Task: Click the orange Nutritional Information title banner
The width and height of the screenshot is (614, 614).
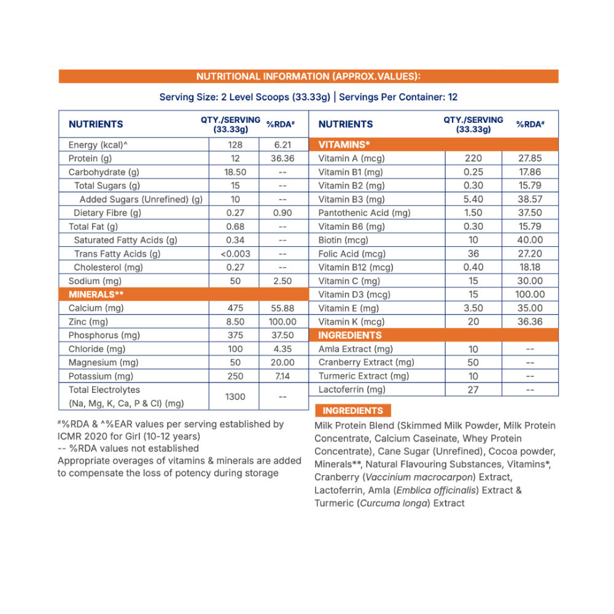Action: [308, 77]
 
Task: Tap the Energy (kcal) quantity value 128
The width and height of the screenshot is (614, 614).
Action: [235, 145]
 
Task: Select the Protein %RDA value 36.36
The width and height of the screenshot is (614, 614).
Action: [282, 158]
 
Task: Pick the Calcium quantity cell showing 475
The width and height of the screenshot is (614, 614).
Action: [235, 308]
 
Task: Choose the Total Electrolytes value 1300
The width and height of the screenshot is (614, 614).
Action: [235, 397]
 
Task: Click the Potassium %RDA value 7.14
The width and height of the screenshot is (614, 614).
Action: [282, 376]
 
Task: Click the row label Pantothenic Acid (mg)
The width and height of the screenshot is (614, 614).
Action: [364, 213]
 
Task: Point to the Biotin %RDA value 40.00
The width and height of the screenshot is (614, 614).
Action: [530, 240]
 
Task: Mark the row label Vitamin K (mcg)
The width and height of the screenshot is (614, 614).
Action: [351, 322]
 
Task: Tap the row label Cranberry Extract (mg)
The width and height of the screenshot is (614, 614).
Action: [366, 362]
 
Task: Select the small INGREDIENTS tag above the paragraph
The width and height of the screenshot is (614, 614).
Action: [352, 411]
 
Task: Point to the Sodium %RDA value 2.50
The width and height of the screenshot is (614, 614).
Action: [282, 281]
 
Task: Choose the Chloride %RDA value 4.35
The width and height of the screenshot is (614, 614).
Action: [282, 349]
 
